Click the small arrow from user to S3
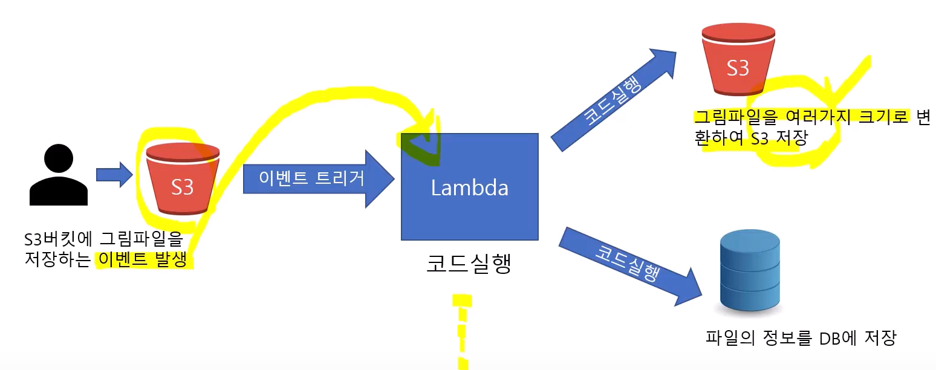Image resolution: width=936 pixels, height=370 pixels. coord(114,175)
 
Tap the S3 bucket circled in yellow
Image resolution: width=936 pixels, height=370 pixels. coord(182,179)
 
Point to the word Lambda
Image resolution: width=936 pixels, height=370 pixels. coord(469,188)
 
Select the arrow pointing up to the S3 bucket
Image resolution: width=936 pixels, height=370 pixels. coord(612,99)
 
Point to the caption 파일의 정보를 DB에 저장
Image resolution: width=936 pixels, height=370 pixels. coord(800,337)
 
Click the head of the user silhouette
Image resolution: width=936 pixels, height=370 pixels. coord(59,158)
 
